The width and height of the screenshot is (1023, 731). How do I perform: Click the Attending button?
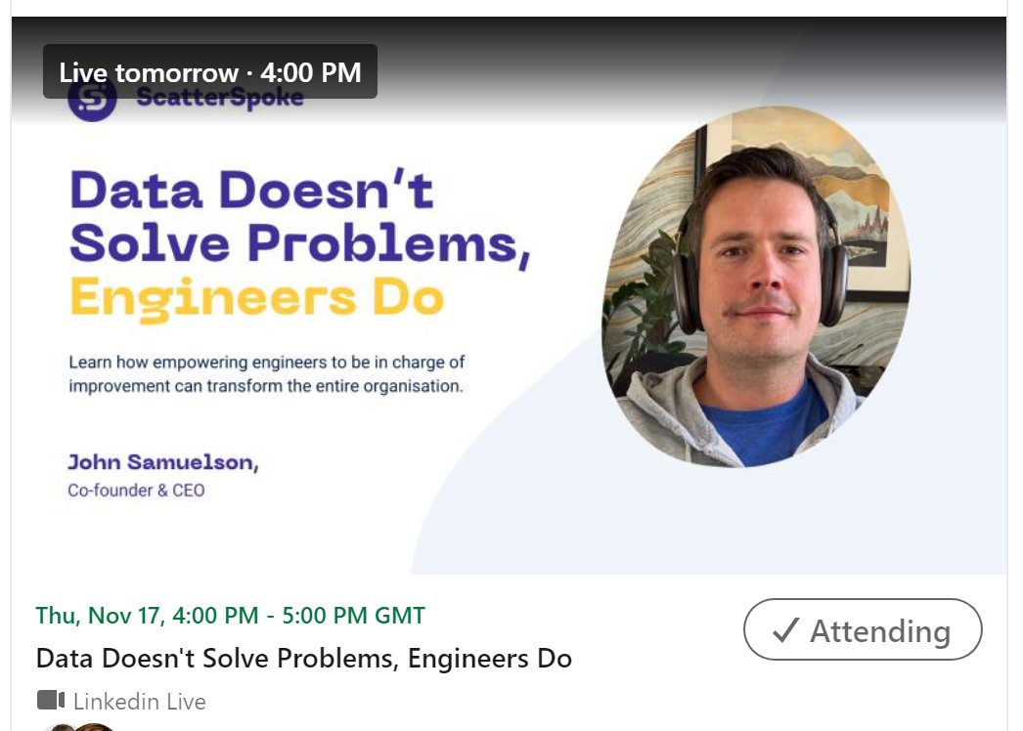pos(863,630)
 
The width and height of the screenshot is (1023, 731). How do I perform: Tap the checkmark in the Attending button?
pos(785,630)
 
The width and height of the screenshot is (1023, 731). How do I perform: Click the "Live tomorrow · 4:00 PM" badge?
pos(209,72)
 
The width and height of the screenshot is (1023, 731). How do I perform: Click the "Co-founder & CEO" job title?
pos(136,491)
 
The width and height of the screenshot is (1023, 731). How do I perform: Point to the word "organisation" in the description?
pos(412,386)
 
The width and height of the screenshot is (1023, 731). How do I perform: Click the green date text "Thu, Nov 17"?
pos(99,616)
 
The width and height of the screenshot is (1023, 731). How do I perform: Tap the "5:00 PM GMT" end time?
pos(353,616)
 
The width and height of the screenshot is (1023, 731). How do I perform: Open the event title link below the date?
pos(303,658)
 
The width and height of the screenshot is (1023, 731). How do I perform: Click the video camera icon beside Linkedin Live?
pos(51,701)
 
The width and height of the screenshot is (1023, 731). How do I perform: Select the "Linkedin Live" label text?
pos(139,702)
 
